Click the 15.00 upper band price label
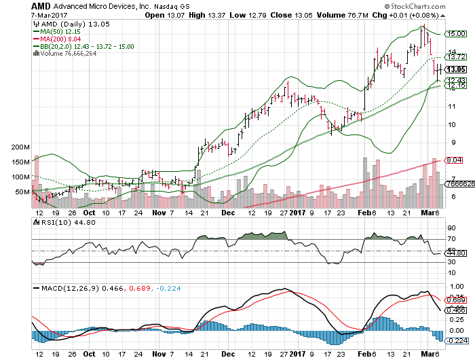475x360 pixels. coord(455,33)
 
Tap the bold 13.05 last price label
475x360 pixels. coord(455,69)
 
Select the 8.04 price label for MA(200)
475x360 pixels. coord(453,160)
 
